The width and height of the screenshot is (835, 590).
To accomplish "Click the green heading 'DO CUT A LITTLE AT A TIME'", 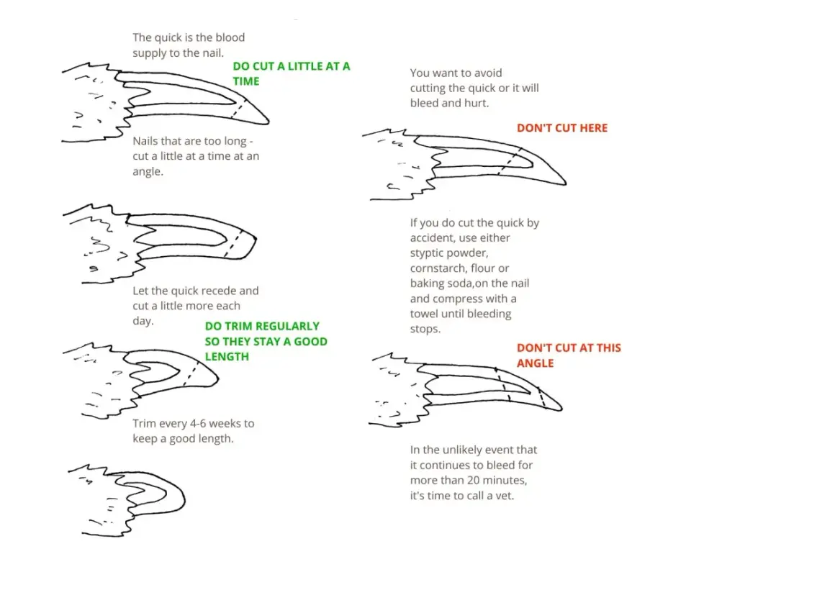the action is point(292,73).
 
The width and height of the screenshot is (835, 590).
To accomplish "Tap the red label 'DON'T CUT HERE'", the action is point(561,128).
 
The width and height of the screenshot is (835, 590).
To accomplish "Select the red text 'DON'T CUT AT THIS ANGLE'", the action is point(569,355).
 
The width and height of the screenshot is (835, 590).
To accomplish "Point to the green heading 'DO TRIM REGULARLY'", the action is point(262,326).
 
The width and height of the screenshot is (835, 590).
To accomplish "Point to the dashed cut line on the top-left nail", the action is point(238,109).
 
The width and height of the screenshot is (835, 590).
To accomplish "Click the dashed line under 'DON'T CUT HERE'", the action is point(510,161).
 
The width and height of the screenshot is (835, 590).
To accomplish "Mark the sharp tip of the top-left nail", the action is point(268,122).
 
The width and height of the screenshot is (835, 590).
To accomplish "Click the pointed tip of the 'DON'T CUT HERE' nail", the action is point(565,183).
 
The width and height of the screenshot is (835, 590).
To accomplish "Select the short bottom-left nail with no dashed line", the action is point(128,500).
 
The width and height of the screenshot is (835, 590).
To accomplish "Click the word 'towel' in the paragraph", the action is point(424,314).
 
